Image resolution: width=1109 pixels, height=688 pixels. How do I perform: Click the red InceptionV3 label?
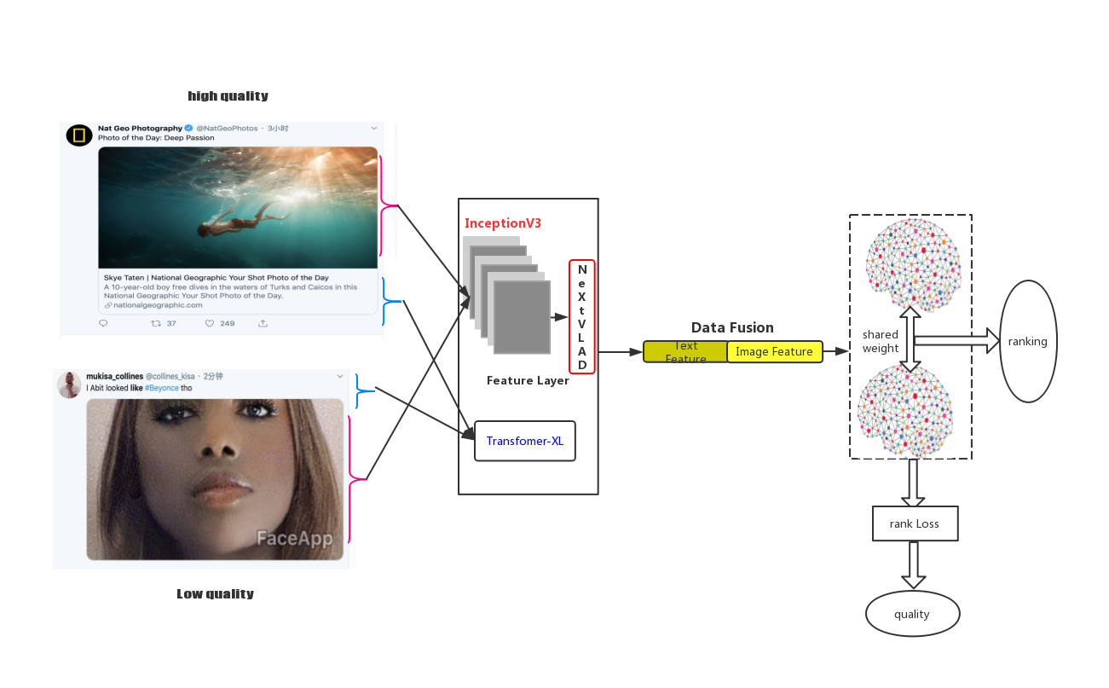pos(503,223)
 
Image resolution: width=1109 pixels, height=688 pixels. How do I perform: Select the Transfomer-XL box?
pos(525,441)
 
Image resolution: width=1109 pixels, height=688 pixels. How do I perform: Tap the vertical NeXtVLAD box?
pos(582,316)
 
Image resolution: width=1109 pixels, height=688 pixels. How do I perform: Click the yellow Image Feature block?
pos(775,351)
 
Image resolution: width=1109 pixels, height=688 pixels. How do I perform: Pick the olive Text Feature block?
pos(685,351)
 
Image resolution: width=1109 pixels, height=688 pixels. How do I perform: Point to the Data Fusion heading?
pos(732,327)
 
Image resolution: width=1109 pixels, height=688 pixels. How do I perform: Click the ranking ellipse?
pos(1028,341)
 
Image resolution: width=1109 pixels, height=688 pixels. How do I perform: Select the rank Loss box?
pos(915,523)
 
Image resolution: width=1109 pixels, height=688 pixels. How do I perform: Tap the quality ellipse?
pos(912,614)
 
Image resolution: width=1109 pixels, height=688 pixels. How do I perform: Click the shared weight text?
pos(881,341)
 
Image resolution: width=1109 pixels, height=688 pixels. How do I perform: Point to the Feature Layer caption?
pos(528,380)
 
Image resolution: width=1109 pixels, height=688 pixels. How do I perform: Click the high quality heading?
pos(228,95)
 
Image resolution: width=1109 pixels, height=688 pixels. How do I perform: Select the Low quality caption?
pos(215,593)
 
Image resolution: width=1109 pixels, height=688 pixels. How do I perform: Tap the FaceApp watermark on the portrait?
pos(294,537)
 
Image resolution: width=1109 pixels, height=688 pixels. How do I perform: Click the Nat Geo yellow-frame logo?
pos(79,135)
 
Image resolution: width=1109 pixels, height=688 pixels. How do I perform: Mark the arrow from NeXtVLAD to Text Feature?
pos(621,351)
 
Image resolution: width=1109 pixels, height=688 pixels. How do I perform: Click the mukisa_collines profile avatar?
pos(69,384)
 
